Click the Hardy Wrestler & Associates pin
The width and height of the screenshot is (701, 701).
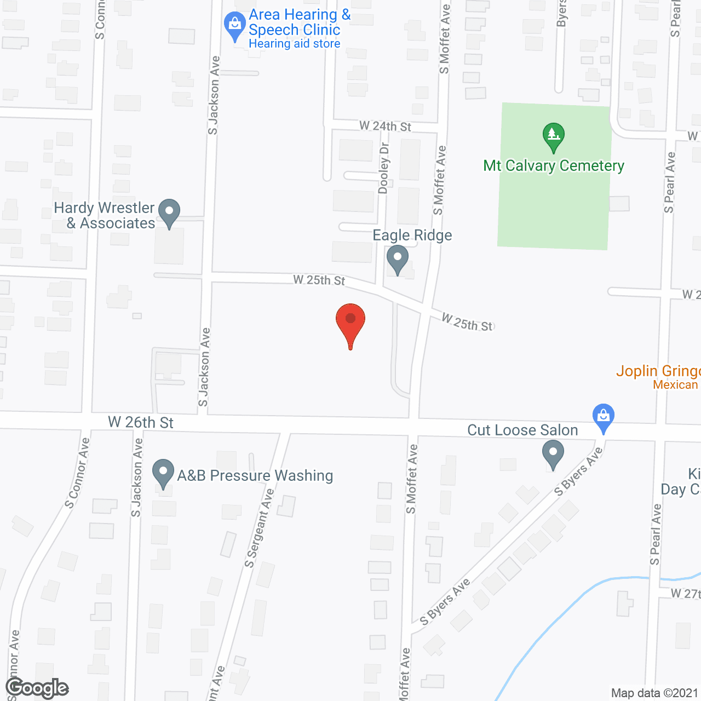coord(169,212)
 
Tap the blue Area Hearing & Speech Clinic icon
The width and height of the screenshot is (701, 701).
coord(235,26)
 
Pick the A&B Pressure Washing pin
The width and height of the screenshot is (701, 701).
coord(163,473)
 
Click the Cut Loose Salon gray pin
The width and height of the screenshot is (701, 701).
coord(553,455)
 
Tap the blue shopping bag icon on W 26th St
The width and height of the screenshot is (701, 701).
coord(603,417)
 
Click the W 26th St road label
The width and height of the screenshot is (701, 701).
coord(141,422)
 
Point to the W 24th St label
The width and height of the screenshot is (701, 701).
coord(385,127)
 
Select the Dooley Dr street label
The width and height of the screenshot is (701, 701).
coord(384,168)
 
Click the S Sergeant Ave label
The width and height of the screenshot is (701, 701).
coord(259,528)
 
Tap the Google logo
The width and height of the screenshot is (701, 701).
coord(37,688)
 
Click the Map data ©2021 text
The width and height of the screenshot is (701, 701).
coord(654,693)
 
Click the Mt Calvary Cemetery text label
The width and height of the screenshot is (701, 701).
coord(553,165)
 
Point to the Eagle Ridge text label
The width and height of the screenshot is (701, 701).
coord(412,235)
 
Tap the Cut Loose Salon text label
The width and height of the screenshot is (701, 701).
coord(522,430)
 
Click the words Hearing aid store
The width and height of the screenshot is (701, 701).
coord(294,44)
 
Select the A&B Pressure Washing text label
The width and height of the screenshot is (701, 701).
coord(255,475)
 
